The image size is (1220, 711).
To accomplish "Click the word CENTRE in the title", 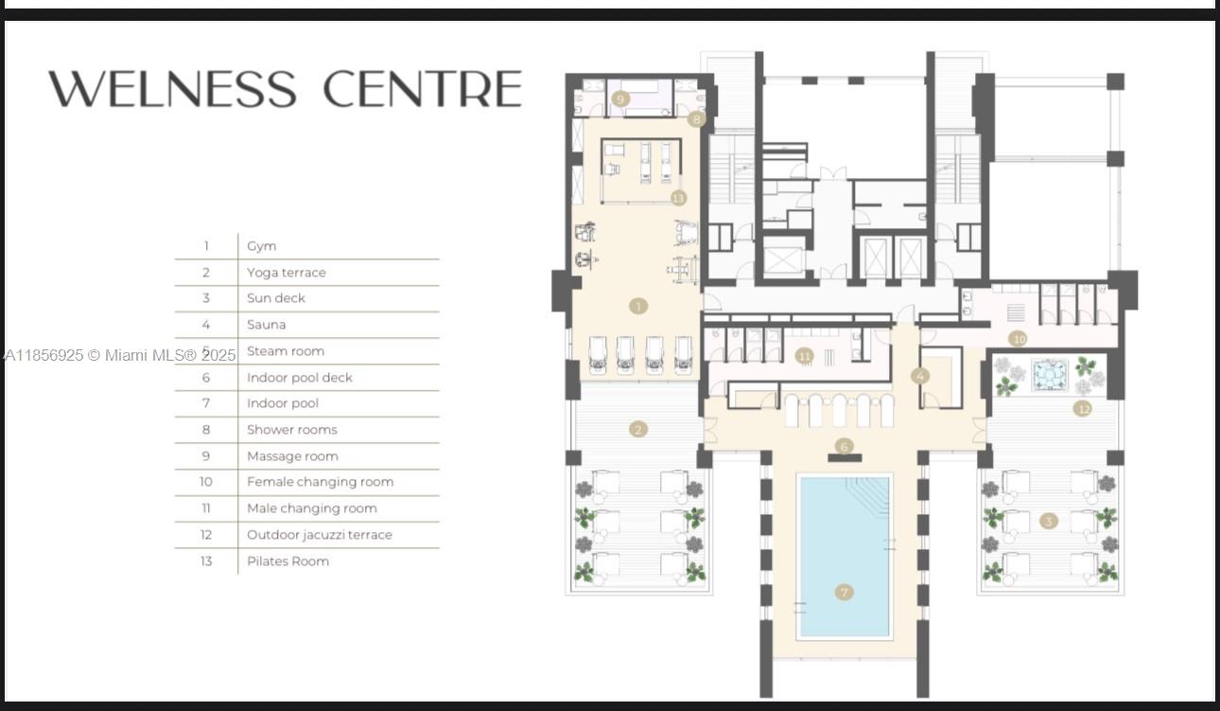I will (x=422, y=89).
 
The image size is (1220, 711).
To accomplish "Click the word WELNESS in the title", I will (x=172, y=89).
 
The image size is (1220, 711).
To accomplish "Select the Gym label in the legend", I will (x=262, y=246).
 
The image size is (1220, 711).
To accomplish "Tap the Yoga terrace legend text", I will (x=286, y=273).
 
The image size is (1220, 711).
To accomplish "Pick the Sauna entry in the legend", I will (x=266, y=325).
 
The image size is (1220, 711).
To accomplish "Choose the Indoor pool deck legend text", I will (x=299, y=378).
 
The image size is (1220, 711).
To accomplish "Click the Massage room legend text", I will (x=292, y=456).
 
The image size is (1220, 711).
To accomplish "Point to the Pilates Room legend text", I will (x=288, y=561).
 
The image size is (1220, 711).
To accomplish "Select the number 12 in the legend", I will (x=206, y=535).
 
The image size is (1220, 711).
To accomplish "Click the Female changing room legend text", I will (x=320, y=482).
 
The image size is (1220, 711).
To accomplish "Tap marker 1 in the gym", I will (x=638, y=306).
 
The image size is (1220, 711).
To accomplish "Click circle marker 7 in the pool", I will (x=844, y=593).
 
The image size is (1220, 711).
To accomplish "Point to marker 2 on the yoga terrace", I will (x=638, y=429).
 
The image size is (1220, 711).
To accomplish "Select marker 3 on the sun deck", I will (x=1048, y=521).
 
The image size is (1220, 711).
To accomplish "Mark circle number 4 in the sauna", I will (x=919, y=376).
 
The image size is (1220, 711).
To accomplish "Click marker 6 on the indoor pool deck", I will (x=844, y=446).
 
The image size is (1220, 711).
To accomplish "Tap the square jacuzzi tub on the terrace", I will (x=1049, y=375).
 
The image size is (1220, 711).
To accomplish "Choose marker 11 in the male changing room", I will (x=804, y=356).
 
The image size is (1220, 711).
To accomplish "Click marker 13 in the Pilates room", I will (x=677, y=198).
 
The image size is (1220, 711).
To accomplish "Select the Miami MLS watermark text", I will (x=120, y=355).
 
